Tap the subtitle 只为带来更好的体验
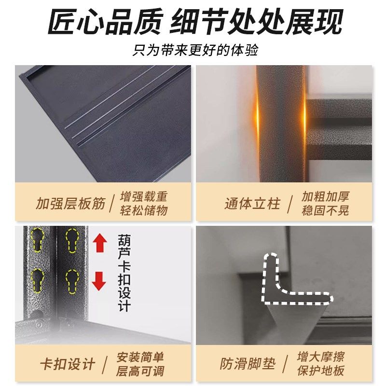[193, 50]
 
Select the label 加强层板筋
[70, 203]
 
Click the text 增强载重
[144, 196]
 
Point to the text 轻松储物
[144, 210]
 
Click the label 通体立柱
[252, 203]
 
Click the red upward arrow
[99, 243]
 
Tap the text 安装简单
[140, 358]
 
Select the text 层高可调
[140, 371]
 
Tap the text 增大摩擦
[321, 358]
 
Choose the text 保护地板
[321, 371]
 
